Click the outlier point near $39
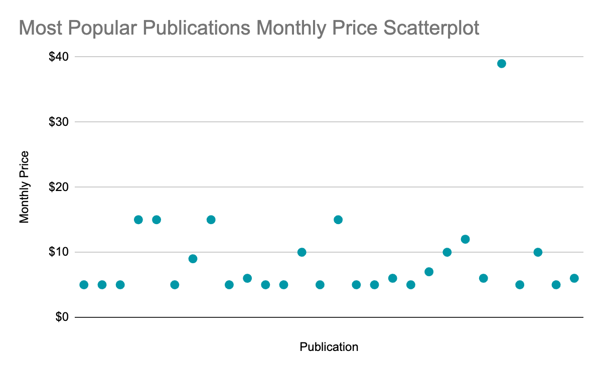(501, 64)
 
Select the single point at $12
(465, 239)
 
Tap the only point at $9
(193, 259)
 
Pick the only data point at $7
(429, 272)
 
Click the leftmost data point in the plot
(84, 285)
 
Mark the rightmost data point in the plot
(574, 278)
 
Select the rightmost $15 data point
(338, 220)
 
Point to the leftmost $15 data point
(138, 220)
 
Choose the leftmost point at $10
(302, 252)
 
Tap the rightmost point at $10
(538, 252)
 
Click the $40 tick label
(58, 57)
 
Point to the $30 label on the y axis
(58, 122)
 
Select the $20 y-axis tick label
(58, 187)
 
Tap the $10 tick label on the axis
(58, 252)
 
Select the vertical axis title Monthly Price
(24, 187)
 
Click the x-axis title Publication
(329, 347)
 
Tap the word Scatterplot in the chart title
(431, 29)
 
